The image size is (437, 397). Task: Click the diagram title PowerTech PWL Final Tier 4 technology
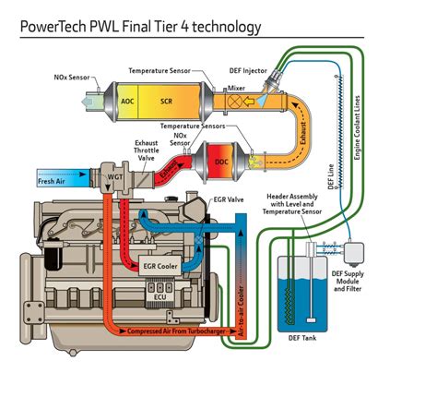pos(138,27)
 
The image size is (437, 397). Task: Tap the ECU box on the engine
pos(161,296)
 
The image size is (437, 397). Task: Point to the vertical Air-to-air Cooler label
pos(241,305)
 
